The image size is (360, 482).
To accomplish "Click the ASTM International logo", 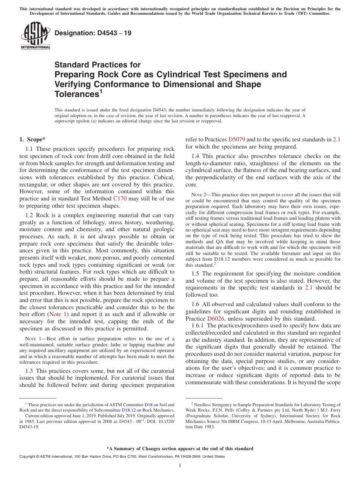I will click(35, 36).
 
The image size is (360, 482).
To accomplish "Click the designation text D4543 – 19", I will click(93, 33).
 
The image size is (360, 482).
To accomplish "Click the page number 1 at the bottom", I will click(180, 466).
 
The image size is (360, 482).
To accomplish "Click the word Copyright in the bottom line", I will click(28, 457).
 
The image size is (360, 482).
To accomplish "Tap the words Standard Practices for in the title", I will click(97, 65).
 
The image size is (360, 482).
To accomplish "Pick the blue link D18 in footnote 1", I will click(148, 405).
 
